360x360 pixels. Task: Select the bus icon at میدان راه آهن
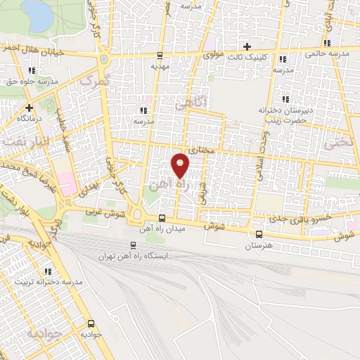pyautogui.click(x=162, y=219)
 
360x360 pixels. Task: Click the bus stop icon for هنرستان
pyautogui.click(x=259, y=235)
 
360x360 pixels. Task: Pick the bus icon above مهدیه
pyautogui.click(x=160, y=55)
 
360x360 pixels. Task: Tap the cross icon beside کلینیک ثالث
pyautogui.click(x=247, y=46)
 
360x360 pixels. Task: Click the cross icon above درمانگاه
pyautogui.click(x=29, y=108)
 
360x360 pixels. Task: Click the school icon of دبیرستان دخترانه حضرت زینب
pyautogui.click(x=285, y=98)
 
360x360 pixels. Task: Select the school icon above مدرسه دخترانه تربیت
pyautogui.click(x=48, y=271)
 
